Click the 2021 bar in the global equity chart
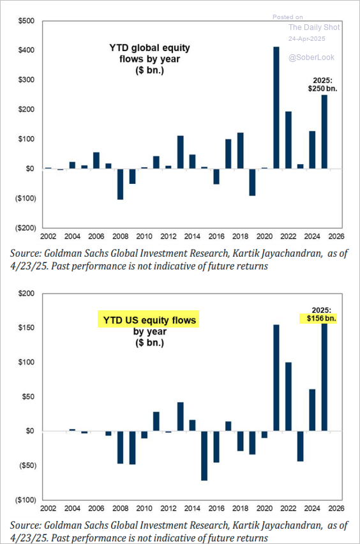pos(276,107)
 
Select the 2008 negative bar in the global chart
pos(121,185)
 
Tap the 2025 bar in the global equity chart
pos(324,132)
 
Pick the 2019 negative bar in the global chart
pos(252,182)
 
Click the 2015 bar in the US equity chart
pos(204,455)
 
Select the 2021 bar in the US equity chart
pos(276,378)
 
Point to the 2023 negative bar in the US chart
pos(301,446)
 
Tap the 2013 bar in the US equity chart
pos(181,417)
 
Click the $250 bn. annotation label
pos(322,89)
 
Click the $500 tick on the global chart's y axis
pos(26,21)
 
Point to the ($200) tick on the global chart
pos(26,228)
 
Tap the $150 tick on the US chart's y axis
pos(26,328)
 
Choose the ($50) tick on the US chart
pos(27,465)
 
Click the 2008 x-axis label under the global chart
pos(121,236)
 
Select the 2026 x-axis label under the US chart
pos(336,508)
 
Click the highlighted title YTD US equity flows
pos(149,320)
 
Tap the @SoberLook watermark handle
pos(311,57)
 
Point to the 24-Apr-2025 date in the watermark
pos(307,39)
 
